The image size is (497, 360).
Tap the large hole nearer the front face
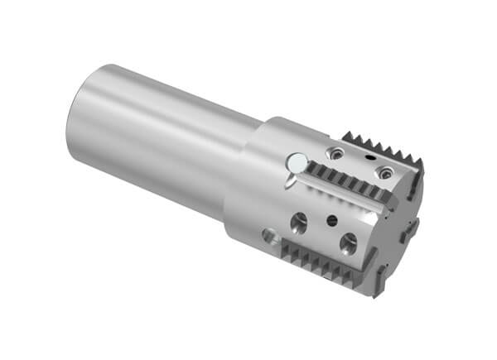pyautogui.click(x=349, y=242)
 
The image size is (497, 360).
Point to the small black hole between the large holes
pyautogui.click(x=331, y=219)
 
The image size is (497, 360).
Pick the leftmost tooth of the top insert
pyautogui.click(x=345, y=134)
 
